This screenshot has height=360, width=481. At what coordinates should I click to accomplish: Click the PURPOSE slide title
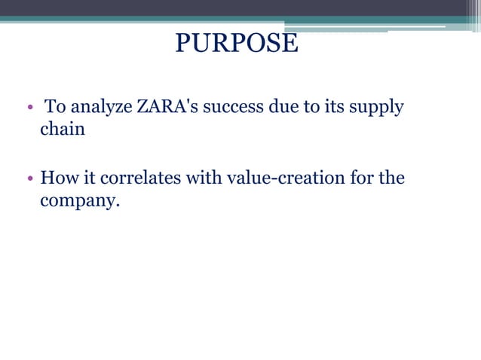click(237, 43)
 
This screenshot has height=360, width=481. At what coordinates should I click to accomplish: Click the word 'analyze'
click(101, 108)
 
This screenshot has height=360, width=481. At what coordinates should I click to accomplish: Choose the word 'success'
click(234, 107)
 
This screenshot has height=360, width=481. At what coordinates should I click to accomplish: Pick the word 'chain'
click(63, 129)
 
